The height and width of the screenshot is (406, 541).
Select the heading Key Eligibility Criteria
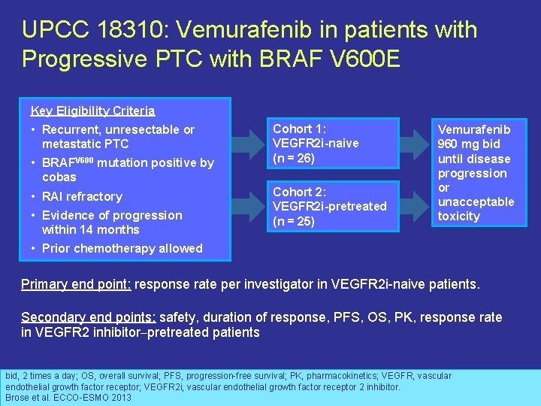(x=92, y=111)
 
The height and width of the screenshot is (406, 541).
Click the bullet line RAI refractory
(x=82, y=196)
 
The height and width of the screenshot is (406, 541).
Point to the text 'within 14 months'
(x=91, y=229)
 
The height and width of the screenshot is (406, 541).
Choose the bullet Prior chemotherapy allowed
(x=122, y=248)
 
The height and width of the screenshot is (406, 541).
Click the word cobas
(x=59, y=177)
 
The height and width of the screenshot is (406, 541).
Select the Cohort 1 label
(x=299, y=129)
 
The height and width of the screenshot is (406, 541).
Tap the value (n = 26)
(x=294, y=158)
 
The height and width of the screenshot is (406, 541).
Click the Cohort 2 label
(x=299, y=192)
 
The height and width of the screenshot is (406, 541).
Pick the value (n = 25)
(x=294, y=221)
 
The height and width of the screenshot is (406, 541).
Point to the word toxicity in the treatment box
(x=458, y=217)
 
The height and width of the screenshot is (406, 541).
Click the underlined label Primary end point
(x=77, y=284)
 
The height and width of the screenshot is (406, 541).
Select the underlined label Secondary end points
(x=89, y=317)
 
